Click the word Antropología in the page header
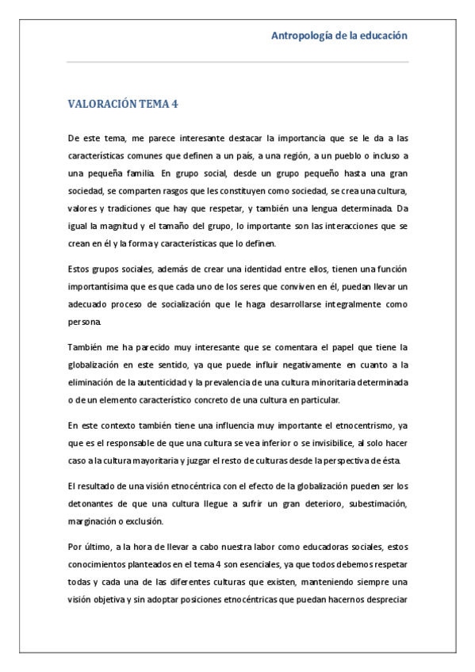click(302, 36)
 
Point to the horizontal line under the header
click(238, 62)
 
